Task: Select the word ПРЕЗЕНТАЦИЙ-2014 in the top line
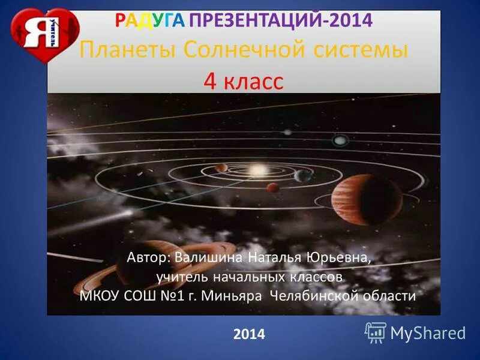point(281,22)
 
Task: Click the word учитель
point(181,277)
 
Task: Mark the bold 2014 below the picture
point(249,334)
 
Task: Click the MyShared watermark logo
point(415,332)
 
